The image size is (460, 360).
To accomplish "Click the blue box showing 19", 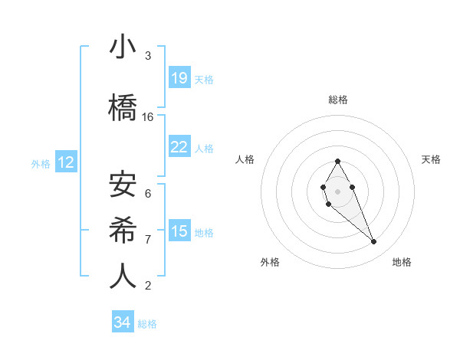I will pos(179,78).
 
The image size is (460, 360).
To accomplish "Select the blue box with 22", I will pos(179,147).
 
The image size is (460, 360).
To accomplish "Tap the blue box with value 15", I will pos(179,231).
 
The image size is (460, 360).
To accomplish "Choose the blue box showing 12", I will pos(65,162).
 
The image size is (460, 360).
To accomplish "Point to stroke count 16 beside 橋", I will pos(148,117).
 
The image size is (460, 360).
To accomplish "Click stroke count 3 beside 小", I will pos(148,56).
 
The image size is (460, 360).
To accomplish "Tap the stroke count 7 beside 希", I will pos(148,240).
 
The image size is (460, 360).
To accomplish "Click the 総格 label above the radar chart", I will pos(338,100).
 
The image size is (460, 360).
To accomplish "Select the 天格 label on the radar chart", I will pos(431,159).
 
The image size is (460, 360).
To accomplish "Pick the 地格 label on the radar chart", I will pos(402,262).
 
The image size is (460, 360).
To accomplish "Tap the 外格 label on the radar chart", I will pos(270,262).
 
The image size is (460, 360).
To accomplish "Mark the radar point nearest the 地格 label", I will pos(374,242).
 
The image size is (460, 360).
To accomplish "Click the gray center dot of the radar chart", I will pos(337,191).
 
